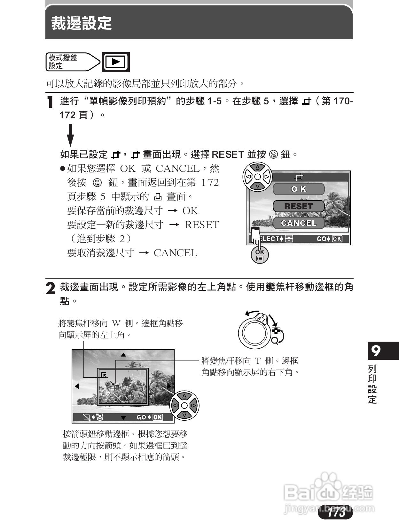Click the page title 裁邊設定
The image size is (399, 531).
82,23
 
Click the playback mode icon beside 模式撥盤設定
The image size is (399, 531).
116,62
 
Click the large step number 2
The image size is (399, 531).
50,288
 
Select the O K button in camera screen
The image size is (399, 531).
299,189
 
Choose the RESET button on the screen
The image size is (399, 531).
299,206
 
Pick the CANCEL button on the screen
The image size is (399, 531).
299,223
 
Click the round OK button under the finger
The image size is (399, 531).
260,255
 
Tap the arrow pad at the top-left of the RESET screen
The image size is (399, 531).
257,177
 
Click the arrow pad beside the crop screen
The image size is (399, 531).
184,406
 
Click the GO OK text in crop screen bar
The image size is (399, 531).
150,417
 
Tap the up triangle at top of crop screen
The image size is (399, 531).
123,354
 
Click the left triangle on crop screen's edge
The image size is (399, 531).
77,386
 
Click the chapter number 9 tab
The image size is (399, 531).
377,351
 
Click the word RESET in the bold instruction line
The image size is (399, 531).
228,155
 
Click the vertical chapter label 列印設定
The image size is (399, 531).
372,384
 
